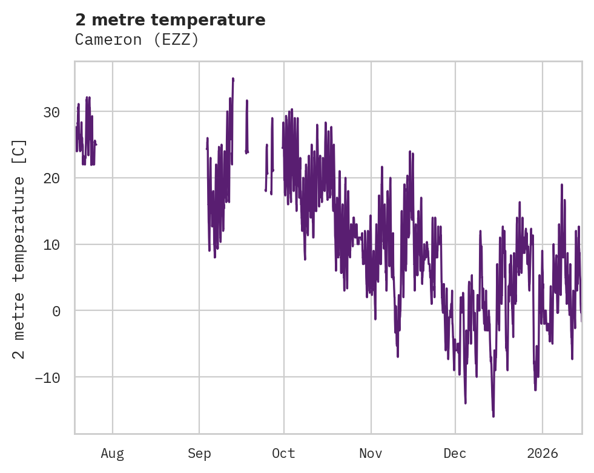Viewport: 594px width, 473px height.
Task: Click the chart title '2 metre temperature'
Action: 170,20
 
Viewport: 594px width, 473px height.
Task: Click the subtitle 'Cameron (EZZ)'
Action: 137,40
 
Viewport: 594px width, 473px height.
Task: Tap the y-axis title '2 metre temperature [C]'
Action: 19,249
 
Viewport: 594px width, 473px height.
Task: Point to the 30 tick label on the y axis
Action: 51,112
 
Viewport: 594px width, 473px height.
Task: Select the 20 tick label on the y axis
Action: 51,178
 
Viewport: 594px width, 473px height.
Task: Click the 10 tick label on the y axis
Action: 51,244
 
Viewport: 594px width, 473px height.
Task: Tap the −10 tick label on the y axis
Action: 47,377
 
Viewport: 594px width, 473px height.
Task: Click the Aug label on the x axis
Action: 112,454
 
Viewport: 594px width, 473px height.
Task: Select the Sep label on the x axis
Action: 199,454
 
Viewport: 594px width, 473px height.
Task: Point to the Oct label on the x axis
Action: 283,454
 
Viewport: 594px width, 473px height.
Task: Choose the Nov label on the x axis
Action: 371,454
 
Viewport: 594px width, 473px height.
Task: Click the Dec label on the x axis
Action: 455,454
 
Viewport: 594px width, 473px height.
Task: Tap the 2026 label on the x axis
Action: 543,454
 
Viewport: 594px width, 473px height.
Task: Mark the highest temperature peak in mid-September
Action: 233,79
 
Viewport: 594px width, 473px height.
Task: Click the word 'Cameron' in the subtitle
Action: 104,40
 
